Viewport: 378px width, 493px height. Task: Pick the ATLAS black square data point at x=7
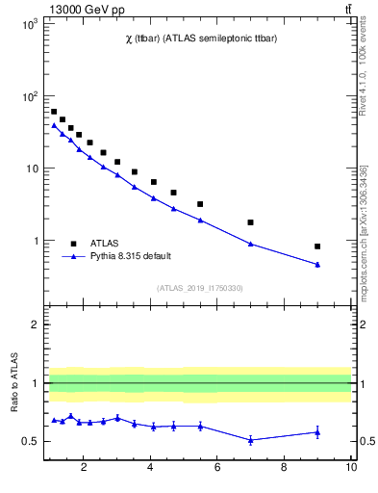coord(250,222)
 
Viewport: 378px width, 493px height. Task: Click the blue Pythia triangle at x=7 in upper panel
coord(250,244)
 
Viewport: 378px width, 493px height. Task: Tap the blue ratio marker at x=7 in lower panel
coord(250,440)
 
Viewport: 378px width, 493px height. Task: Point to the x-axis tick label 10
coord(350,469)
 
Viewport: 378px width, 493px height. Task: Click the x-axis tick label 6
coord(217,469)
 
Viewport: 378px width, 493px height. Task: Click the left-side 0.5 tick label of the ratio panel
coord(32,442)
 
